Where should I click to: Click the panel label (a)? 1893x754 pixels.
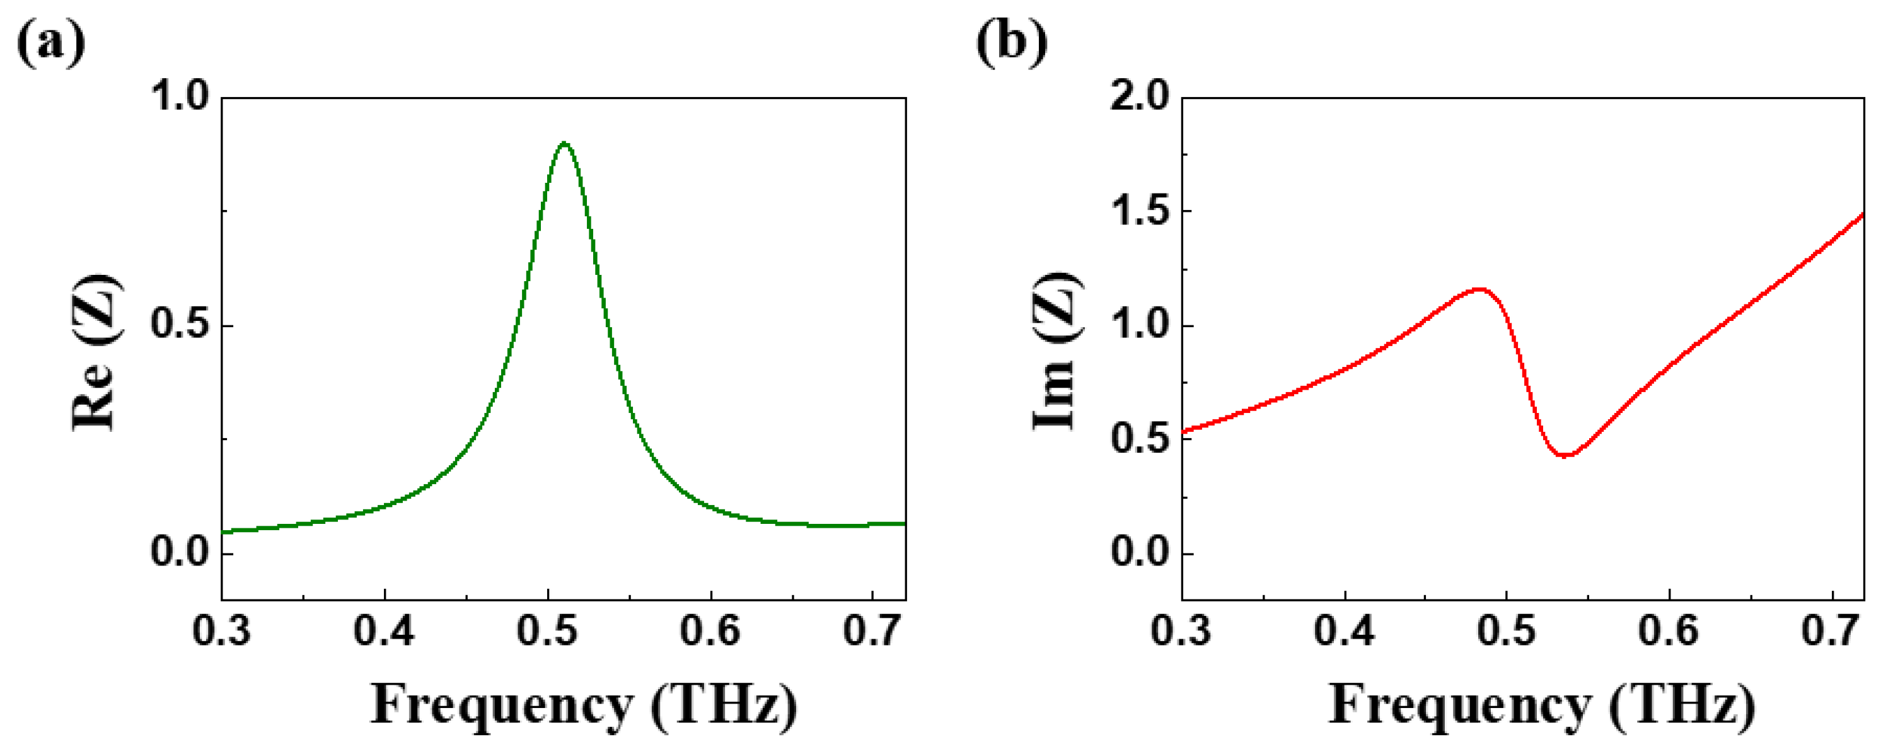coord(50,43)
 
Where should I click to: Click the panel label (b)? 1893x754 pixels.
coord(1011,43)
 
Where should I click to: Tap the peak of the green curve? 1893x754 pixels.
coord(564,143)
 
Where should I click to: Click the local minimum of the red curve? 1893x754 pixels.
coord(1565,456)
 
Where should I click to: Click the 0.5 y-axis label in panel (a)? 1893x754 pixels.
coord(180,325)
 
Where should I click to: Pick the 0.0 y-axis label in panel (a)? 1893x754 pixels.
coord(180,553)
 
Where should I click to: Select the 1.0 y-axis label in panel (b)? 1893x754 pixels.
coord(1140,325)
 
